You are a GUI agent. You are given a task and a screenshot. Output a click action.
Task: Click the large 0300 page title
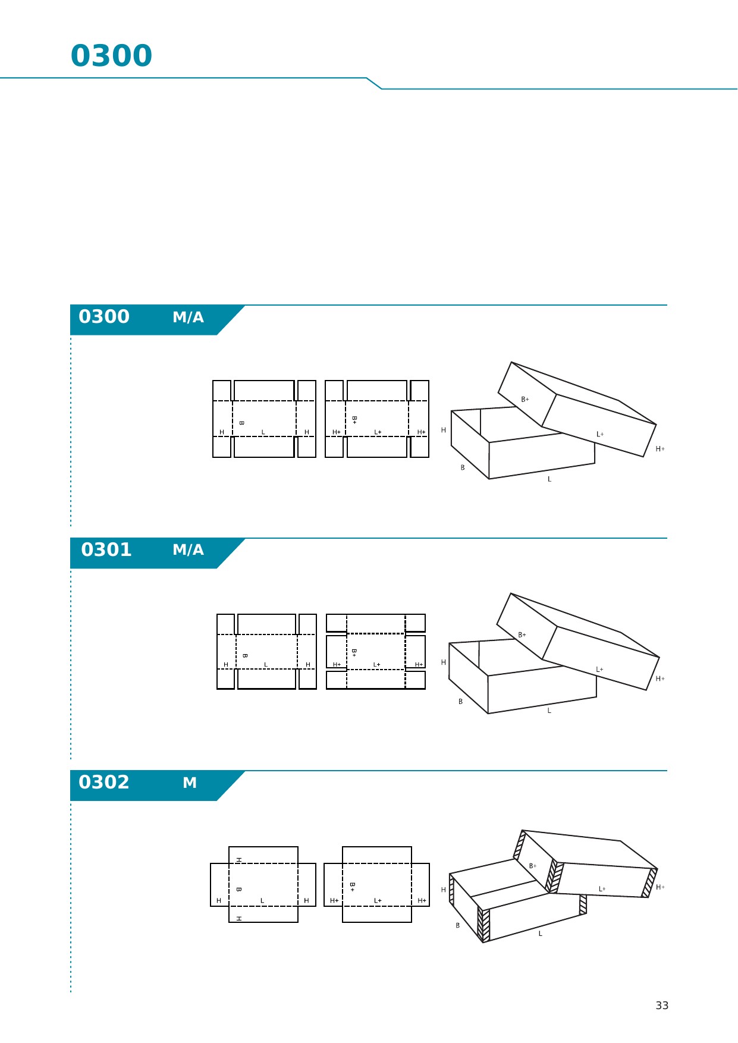point(111,56)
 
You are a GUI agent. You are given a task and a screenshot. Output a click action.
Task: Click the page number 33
point(662,1006)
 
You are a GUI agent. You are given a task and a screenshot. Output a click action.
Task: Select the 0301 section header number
point(106,549)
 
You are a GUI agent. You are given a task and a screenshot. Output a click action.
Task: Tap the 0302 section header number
point(104,782)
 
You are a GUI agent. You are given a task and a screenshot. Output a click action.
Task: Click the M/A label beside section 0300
point(188,318)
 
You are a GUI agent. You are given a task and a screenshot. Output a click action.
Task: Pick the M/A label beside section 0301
point(188,550)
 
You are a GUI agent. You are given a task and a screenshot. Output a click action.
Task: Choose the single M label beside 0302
point(190,783)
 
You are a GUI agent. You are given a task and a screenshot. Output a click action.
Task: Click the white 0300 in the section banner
point(104,316)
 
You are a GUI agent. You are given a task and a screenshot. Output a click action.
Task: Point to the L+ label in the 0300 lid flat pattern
point(378,432)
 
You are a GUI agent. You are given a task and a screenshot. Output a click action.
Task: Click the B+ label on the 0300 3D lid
point(525,400)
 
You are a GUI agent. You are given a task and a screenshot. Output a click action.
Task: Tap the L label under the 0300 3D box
point(549,479)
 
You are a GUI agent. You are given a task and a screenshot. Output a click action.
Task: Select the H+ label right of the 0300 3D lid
point(660,449)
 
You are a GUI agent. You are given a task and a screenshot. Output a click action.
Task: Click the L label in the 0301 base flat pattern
point(266,665)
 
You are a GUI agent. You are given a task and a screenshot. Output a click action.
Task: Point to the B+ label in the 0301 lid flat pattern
point(354,652)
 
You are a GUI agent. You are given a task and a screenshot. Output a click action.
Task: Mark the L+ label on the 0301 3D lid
point(599,670)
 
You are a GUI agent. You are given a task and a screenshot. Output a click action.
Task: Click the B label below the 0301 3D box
point(460,702)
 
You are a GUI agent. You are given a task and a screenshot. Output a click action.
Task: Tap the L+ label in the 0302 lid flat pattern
point(378,901)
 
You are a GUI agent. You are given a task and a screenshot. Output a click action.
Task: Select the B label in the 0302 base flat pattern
point(238,890)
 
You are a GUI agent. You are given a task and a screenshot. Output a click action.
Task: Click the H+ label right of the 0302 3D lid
point(660,887)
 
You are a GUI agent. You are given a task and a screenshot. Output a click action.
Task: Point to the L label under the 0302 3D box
point(541,934)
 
